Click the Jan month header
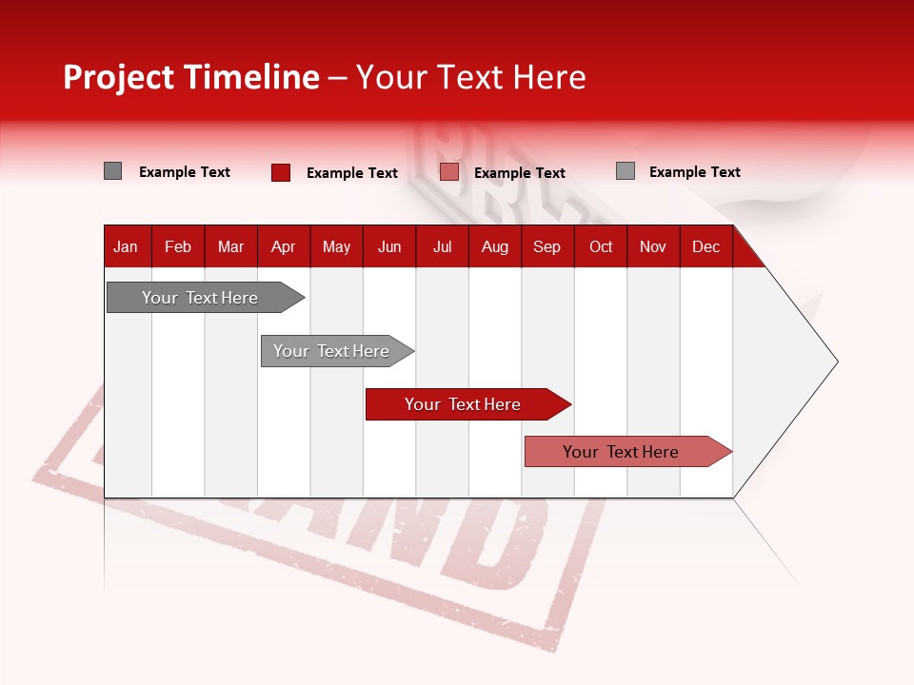coord(126,246)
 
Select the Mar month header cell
coord(230,246)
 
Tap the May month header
coord(336,246)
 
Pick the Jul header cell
coord(442,246)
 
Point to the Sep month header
coord(546,246)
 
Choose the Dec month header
coord(705,246)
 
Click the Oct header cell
coord(601,246)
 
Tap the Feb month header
coord(178,246)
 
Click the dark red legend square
coord(281,172)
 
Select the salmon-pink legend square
coord(449,172)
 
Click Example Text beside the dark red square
coord(352,173)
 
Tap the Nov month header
coord(653,246)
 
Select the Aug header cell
coord(495,246)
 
